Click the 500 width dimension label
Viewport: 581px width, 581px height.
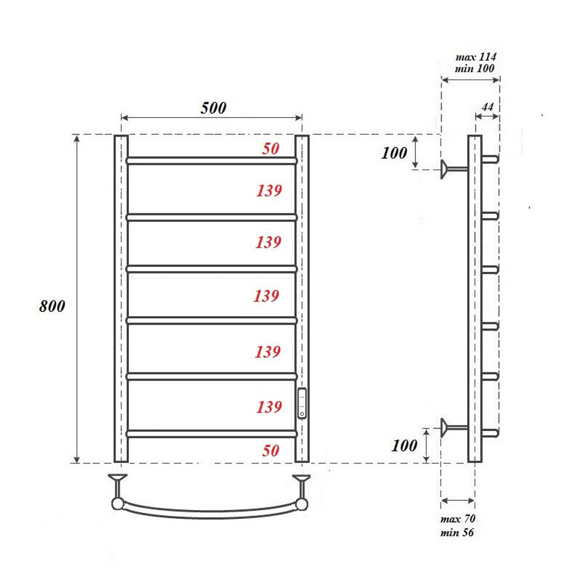click(x=213, y=108)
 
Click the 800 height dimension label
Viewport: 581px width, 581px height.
click(x=52, y=306)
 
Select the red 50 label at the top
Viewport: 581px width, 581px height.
click(x=270, y=149)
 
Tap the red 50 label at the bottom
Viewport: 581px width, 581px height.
click(x=270, y=450)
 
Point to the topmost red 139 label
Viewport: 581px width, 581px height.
click(x=268, y=190)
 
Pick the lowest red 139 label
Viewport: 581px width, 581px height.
click(x=268, y=407)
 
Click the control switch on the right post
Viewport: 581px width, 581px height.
click(x=302, y=403)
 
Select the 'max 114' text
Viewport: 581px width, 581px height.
click(x=475, y=57)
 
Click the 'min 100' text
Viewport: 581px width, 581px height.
click(x=475, y=69)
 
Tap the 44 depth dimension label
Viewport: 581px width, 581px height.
click(x=487, y=107)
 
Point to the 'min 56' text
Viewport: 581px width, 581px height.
click(x=458, y=532)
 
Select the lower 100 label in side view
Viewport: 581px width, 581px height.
click(x=404, y=446)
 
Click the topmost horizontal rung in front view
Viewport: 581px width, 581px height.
click(x=211, y=160)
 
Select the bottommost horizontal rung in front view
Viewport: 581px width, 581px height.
click(x=211, y=433)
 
